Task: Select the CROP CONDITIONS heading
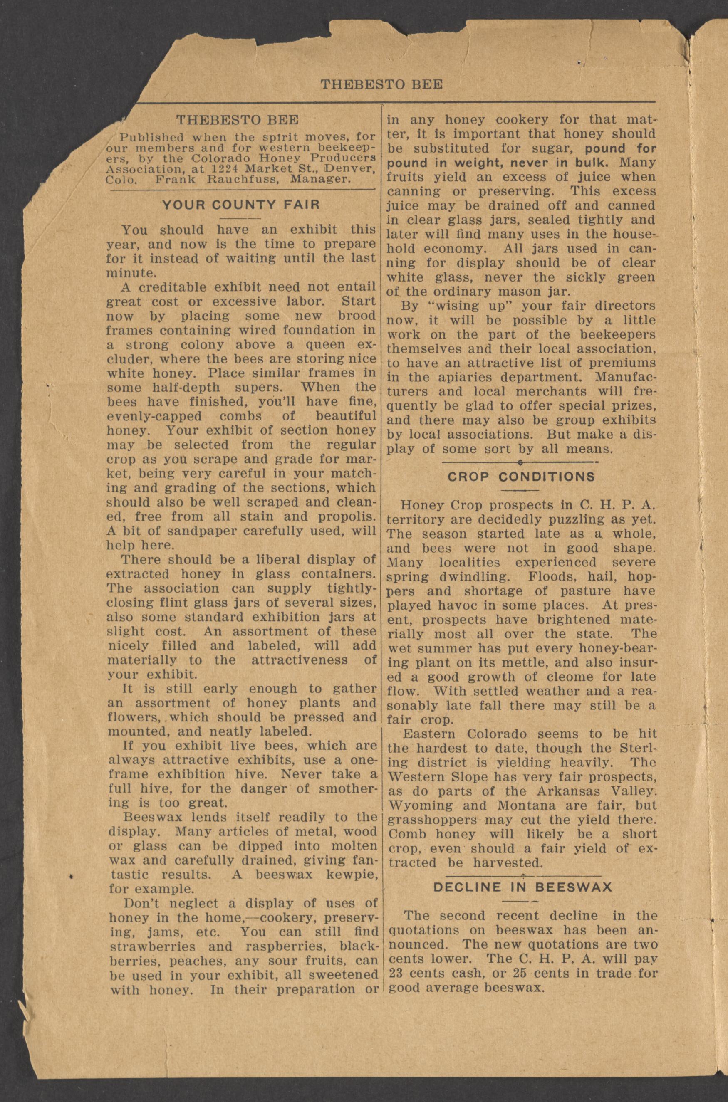coord(520,477)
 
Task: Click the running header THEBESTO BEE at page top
coord(381,84)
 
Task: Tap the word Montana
coord(520,805)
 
